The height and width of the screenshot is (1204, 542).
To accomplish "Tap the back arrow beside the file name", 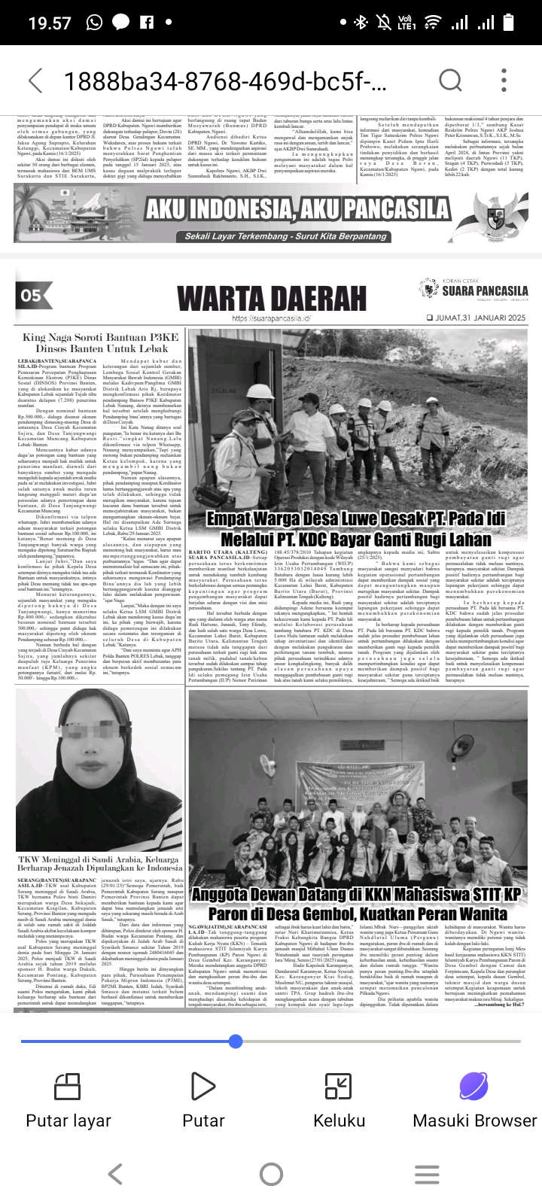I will (35, 81).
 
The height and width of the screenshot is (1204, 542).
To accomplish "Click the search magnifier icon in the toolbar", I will (450, 81).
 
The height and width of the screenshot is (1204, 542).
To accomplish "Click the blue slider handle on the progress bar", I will (236, 1041).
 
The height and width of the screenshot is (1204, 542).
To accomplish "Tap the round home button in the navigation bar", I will (271, 1174).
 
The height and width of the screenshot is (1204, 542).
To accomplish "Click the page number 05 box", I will (31, 295).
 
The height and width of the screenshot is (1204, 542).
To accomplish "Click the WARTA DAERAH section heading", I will (272, 299).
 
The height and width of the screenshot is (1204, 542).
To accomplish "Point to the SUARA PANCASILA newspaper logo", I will (474, 289).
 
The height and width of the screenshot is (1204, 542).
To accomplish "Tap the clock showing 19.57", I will (50, 23).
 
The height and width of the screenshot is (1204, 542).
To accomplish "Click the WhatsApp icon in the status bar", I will (95, 23).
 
